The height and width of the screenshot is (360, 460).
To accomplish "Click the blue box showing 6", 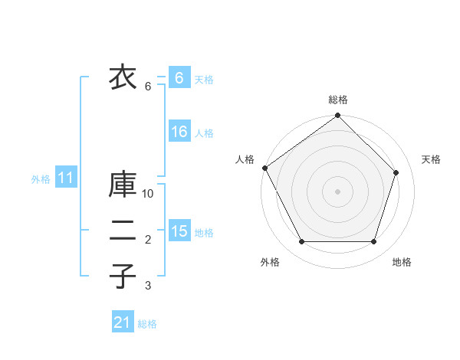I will click(x=179, y=78).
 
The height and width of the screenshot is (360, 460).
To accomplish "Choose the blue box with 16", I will click(x=179, y=132).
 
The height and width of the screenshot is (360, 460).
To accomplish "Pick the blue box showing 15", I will click(x=179, y=231).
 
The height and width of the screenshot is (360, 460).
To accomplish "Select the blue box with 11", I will click(x=66, y=178).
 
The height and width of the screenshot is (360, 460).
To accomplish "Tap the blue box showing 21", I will click(x=122, y=322).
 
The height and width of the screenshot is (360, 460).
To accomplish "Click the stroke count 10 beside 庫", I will click(x=148, y=194).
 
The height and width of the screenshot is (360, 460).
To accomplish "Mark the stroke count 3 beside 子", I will click(x=148, y=286).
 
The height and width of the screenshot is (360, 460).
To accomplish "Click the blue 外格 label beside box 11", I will click(x=41, y=179).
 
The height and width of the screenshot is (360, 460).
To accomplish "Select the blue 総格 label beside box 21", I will click(x=147, y=323).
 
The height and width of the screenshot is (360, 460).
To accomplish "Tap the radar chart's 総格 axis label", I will click(x=338, y=100).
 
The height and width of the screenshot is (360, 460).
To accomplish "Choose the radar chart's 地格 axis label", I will click(x=402, y=262).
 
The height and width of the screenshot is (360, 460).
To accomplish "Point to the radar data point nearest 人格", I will click(x=265, y=168).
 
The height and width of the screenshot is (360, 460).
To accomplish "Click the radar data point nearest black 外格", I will click(x=301, y=242).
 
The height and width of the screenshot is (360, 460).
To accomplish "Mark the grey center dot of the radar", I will click(x=338, y=191).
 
